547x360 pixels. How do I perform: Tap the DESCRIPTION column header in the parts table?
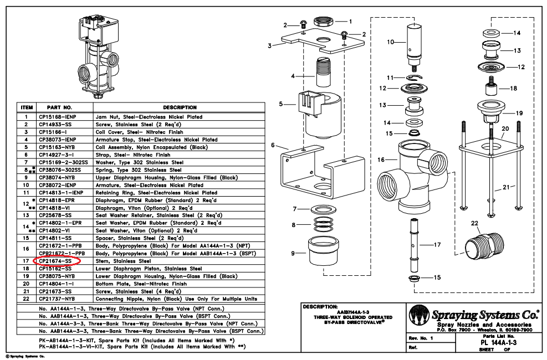[180, 107]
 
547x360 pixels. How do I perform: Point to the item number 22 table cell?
[26, 299]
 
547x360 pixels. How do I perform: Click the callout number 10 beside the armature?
[390, 42]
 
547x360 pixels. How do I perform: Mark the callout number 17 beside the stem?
[437, 244]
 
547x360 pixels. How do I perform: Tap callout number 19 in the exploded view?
[518, 114]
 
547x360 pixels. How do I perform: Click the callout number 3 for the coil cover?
[269, 45]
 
